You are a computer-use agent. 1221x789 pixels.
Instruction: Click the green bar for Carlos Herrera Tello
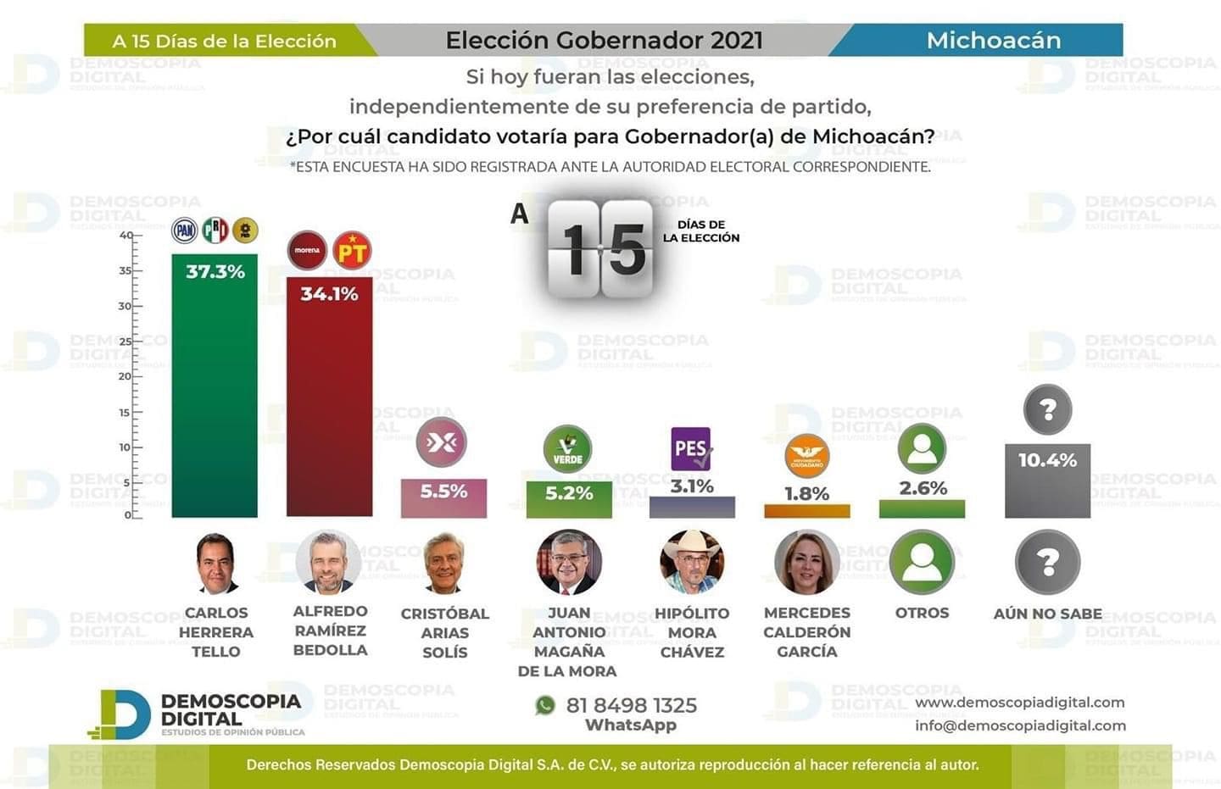point(215,390)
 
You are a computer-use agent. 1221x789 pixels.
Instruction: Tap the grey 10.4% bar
point(1047,487)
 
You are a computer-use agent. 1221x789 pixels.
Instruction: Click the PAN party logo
point(185,231)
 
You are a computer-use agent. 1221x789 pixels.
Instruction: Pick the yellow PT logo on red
point(352,251)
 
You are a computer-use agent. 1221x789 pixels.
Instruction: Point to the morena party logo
point(307,250)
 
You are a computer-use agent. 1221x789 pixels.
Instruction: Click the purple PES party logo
point(691,448)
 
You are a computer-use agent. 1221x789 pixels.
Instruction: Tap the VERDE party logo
point(567,449)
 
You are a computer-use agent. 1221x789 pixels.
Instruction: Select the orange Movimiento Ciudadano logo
point(806,457)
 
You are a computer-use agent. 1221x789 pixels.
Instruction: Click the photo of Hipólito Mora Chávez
point(692,562)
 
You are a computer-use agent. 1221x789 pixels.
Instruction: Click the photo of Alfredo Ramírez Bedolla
point(329,562)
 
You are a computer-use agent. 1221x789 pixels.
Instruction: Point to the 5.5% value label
point(443,492)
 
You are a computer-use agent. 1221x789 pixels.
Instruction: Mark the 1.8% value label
point(806,493)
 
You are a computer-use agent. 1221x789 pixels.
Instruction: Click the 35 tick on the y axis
point(125,271)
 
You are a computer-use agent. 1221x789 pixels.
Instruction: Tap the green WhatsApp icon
point(545,705)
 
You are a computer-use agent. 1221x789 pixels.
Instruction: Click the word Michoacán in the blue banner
point(993,40)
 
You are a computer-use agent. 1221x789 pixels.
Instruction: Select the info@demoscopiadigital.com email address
point(1020,725)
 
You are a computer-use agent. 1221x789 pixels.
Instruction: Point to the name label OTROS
point(922,613)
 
